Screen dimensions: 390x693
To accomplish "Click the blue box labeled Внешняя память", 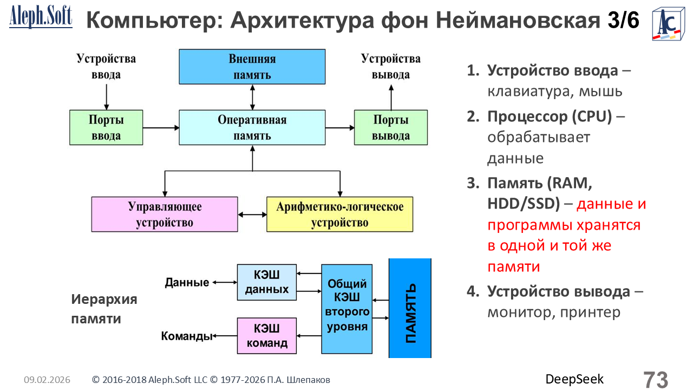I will pyautogui.click(x=252, y=67).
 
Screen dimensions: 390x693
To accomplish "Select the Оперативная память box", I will pyautogui.click(x=252, y=127).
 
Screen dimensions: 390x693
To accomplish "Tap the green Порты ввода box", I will pyautogui.click(x=106, y=127).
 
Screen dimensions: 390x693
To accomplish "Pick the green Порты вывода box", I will pyautogui.click(x=390, y=127).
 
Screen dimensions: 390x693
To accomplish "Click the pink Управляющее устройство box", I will pyautogui.click(x=165, y=214).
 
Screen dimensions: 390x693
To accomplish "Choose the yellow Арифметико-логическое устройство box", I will pyautogui.click(x=339, y=214).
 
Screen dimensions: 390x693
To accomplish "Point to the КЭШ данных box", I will pyautogui.click(x=267, y=282).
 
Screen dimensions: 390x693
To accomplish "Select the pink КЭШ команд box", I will pyautogui.click(x=267, y=335).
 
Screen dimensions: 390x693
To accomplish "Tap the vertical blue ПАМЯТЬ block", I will pyautogui.click(x=410, y=308).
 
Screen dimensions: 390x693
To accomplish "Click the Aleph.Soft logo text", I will pyautogui.click(x=41, y=17).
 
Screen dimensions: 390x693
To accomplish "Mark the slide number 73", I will pyautogui.click(x=656, y=379).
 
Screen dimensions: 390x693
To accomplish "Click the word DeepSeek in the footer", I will pyautogui.click(x=574, y=379).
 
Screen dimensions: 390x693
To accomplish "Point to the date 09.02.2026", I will pyautogui.click(x=47, y=380).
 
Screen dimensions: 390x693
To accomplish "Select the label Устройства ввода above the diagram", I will pyautogui.click(x=106, y=66).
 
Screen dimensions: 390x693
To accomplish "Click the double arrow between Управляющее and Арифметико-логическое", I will pyautogui.click(x=252, y=214).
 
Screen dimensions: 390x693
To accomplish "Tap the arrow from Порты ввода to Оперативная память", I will pyautogui.click(x=161, y=128).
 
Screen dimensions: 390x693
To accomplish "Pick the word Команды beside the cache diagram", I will pyautogui.click(x=186, y=336).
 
